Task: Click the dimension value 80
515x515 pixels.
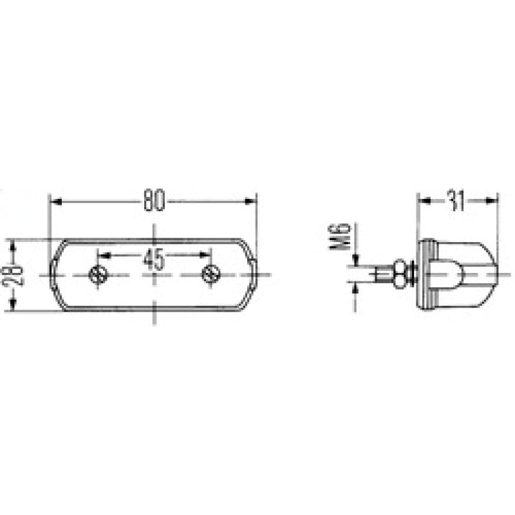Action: coord(154,200)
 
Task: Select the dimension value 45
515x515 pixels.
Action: coord(153,259)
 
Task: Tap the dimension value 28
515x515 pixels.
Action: coord(16,275)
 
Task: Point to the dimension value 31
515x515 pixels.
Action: coord(456,201)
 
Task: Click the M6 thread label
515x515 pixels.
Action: coord(341,237)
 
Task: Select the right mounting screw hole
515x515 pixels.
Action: coord(211,275)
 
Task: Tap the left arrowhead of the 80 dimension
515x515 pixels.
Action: coord(55,201)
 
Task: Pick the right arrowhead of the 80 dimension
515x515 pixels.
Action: coord(250,201)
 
